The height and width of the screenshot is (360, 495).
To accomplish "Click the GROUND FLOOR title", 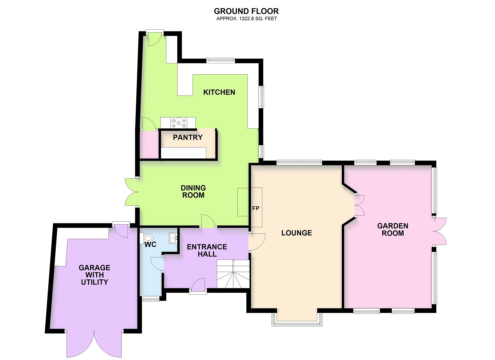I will coord(246,11).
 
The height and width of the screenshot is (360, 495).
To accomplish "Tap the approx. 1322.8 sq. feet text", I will coord(246,19).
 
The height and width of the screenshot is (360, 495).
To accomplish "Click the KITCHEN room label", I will coord(219,92).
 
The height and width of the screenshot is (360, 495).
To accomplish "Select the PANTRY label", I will coord(188,137).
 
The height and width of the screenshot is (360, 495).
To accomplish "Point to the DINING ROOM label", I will coord(193,192).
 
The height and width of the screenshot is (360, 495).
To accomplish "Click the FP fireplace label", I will coord(256,208).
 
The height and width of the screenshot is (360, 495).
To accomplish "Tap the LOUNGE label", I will coord(296,233).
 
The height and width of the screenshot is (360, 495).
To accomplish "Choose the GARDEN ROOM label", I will coord(392,230).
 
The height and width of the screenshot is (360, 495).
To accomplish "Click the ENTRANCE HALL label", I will coord(207,250).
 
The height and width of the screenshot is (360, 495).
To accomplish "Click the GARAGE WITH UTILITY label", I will coord(94,275).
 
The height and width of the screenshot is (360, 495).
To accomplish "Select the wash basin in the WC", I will coord(173,237).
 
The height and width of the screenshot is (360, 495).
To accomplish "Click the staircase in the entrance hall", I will coord(233,274).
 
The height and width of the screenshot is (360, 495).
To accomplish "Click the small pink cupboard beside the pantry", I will coord(149,145).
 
